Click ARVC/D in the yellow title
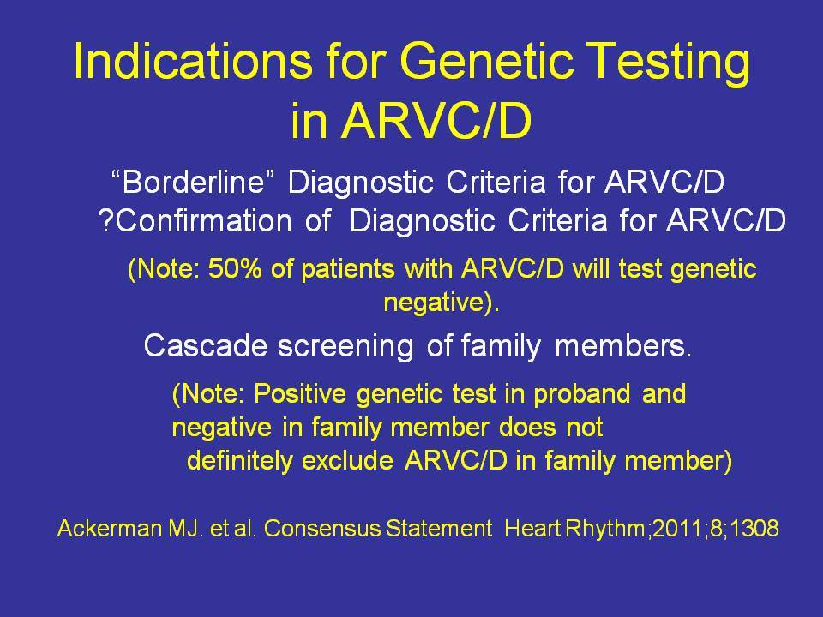click(436, 121)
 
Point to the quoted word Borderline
click(194, 183)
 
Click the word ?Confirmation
click(195, 220)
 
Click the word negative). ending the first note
click(442, 303)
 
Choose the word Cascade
click(205, 346)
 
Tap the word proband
click(582, 394)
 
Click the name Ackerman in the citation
click(111, 528)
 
